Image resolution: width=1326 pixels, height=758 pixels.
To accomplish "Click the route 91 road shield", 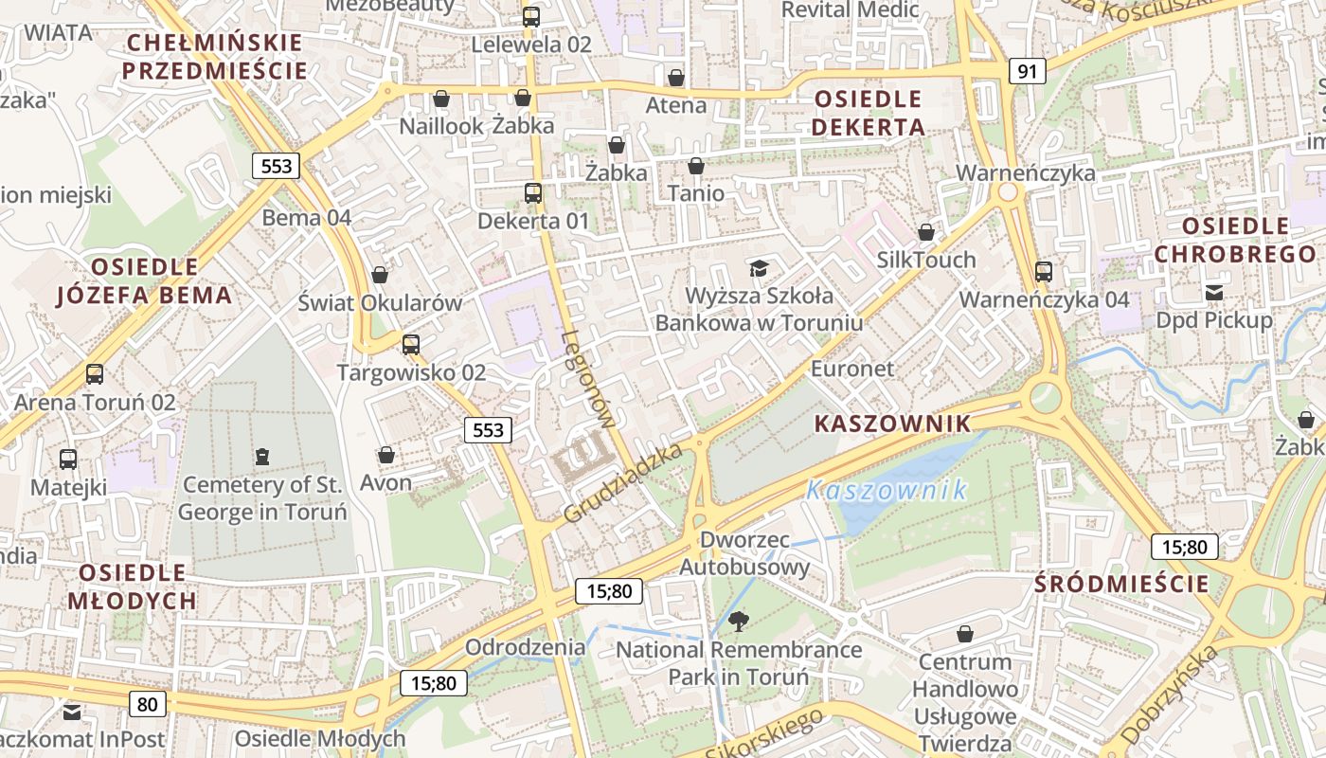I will pos(1027,71).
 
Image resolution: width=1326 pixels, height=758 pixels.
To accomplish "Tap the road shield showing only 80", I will pos(147,703).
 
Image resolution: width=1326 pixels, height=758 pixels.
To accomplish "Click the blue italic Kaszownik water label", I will pos(887,490).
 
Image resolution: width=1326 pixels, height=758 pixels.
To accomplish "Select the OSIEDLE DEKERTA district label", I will pos(868,113).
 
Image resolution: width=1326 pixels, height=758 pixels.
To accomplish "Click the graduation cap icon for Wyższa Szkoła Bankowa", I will pos(759,268).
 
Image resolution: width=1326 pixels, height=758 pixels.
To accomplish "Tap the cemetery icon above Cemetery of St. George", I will pos(262,457).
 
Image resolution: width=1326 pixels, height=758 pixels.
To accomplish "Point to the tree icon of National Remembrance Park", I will pos(739,622).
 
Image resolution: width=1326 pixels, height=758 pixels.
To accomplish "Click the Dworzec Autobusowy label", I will pos(744,553).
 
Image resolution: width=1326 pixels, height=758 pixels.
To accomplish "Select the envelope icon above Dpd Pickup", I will pos(1213,292).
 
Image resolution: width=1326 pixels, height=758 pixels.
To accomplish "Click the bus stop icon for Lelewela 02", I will pos(531,16).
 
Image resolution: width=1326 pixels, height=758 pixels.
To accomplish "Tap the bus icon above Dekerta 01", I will pos(533,193).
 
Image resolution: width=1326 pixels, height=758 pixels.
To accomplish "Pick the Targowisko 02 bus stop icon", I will pos(410,344).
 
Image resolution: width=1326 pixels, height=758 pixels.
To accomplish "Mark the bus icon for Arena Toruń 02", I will pos(95,374).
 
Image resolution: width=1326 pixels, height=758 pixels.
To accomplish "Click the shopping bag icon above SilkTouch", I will pos(926,232).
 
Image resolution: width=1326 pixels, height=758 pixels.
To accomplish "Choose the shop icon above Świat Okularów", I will pos(380,275).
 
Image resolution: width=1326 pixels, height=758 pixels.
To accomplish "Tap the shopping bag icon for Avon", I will pos(385,455).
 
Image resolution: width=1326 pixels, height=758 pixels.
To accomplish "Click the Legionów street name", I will pos(588,379).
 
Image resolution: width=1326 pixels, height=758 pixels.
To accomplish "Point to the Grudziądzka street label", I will pos(623,483).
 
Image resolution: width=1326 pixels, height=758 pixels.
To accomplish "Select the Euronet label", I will pos(852,369).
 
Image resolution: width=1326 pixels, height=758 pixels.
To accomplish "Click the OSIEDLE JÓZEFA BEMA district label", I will pos(145,280).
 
